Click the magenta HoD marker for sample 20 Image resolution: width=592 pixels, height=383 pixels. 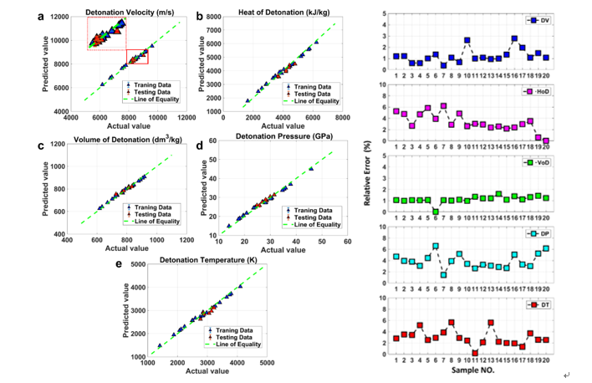click(546, 140)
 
